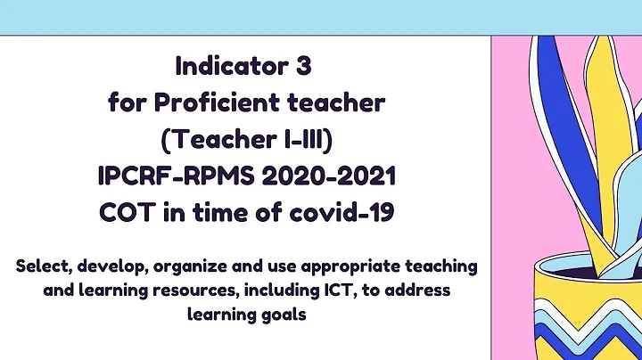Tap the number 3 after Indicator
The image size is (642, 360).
(x=308, y=66)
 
